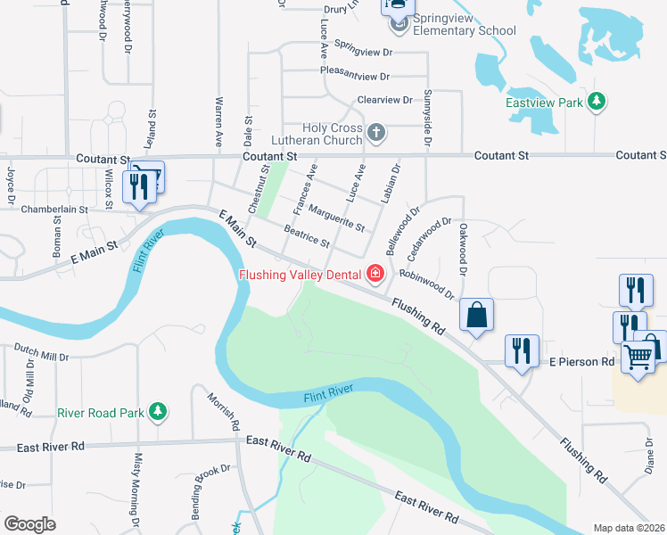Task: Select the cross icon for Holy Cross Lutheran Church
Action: coord(375,134)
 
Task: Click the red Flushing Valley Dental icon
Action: coord(375,274)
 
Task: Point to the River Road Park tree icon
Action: coord(157,411)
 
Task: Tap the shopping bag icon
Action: coord(477,314)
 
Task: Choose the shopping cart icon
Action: coord(638,357)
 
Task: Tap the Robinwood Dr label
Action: coord(427,284)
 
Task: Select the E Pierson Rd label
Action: coord(581,362)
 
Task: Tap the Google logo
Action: coord(29,523)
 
